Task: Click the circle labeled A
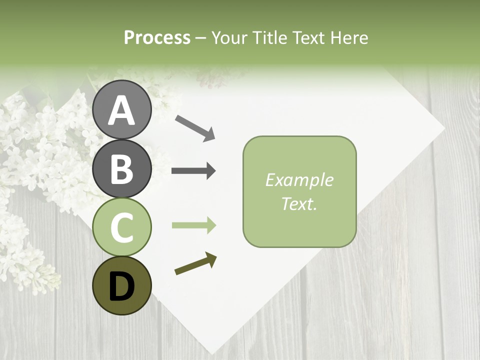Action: (122, 109)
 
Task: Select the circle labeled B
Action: (122, 168)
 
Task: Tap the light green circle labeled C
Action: (122, 227)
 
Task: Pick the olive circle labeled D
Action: (122, 285)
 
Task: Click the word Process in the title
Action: (157, 38)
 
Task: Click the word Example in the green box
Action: (299, 180)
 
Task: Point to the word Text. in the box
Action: (299, 203)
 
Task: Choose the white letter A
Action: (122, 110)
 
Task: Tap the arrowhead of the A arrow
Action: (209, 135)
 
